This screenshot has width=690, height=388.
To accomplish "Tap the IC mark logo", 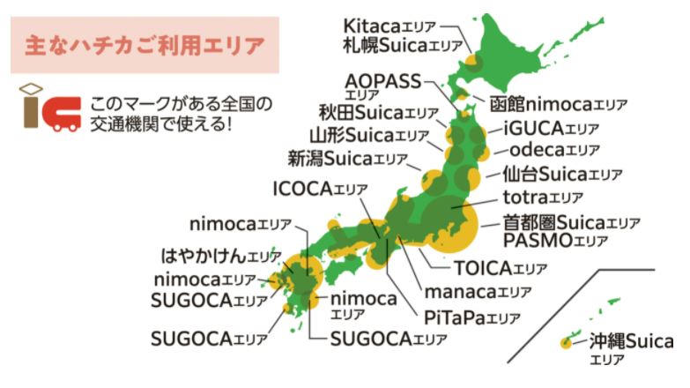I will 49,108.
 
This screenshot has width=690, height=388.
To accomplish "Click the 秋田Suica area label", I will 378,113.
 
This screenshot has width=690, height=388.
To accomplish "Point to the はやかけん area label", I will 221,257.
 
